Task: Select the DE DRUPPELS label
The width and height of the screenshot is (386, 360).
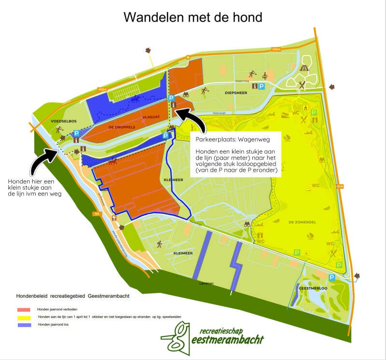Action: point(121,127)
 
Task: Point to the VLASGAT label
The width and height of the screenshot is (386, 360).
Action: point(151,117)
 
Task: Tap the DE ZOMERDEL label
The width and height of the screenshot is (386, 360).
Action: point(302,222)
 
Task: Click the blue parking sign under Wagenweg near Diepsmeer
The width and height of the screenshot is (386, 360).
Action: point(262,86)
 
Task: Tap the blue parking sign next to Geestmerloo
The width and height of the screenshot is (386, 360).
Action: point(332,277)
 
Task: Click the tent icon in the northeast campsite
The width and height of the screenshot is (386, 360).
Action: point(304,69)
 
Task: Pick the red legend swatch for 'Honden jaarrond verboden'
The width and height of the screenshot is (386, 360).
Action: point(24,309)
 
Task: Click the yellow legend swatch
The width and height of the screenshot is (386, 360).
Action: point(24,318)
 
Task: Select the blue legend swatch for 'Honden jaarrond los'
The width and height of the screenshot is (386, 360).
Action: point(24,325)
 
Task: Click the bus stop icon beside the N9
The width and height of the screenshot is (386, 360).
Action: point(114,218)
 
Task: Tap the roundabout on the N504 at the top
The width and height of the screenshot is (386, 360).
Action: point(188,57)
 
